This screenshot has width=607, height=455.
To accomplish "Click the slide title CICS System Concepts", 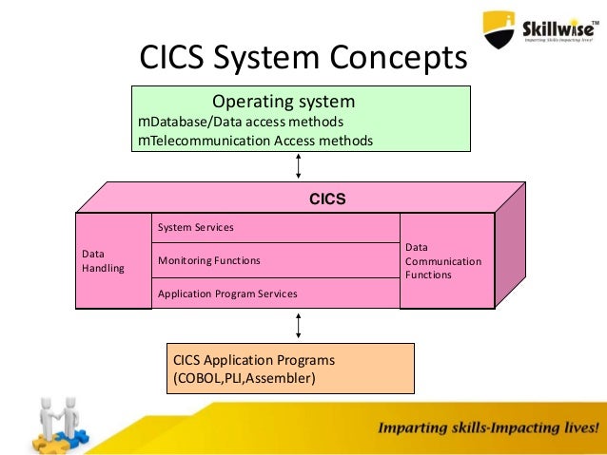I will point(303,58).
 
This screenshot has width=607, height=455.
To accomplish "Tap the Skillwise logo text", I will point(559,28).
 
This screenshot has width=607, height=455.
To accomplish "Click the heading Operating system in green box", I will point(283,101).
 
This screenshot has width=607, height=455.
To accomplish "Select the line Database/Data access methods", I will point(241,123).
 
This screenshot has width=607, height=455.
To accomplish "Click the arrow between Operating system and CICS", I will point(300,166).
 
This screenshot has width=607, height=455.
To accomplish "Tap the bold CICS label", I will point(326,199).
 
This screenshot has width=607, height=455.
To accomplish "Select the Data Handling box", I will point(113,261).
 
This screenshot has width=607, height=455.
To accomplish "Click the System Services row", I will point(275,228).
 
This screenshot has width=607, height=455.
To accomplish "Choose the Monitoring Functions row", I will point(275,260).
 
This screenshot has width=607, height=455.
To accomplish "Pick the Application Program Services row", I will point(275,294).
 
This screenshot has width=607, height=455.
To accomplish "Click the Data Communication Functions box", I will point(446,260).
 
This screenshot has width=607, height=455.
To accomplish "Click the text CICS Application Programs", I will point(254,361).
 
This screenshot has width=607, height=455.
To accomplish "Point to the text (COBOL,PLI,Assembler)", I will point(244,379).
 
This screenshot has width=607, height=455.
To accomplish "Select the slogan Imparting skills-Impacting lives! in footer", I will point(489,427).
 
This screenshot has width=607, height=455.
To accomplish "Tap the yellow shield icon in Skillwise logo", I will point(499,29).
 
